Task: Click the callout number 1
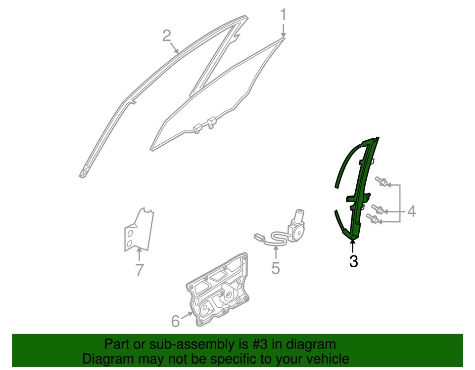tap(284, 15)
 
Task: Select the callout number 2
tap(167, 35)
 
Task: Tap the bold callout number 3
tap(353, 261)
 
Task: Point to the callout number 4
tap(411, 212)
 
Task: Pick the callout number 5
tap(276, 268)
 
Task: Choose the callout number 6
tap(175, 322)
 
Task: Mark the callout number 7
tap(139, 270)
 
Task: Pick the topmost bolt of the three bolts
tap(381, 181)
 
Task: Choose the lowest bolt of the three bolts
tap(373, 218)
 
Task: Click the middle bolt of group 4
tap(377, 209)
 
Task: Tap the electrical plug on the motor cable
tap(259, 237)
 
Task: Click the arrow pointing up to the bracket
tap(139, 254)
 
